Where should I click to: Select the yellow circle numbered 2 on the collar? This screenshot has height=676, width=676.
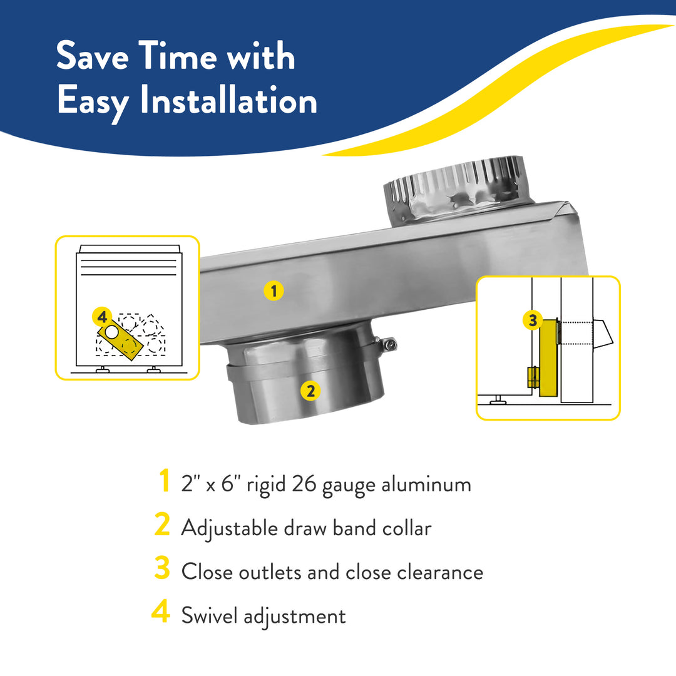click(310, 391)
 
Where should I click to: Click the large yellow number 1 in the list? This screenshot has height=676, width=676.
click(164, 482)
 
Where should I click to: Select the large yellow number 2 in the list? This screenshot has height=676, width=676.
click(162, 526)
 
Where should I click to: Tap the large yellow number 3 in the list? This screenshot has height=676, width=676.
click(162, 570)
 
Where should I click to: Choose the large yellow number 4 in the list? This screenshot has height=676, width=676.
click(161, 613)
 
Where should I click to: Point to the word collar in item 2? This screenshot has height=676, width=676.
click(407, 528)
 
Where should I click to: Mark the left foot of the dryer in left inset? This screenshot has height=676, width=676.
click(101, 371)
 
